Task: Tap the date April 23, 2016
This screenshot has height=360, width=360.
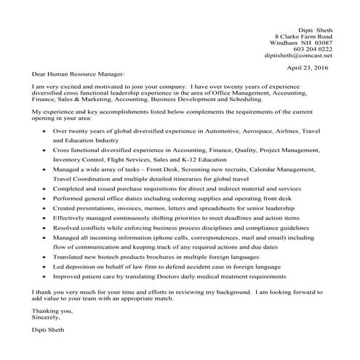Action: pyautogui.click(x=309, y=67)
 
